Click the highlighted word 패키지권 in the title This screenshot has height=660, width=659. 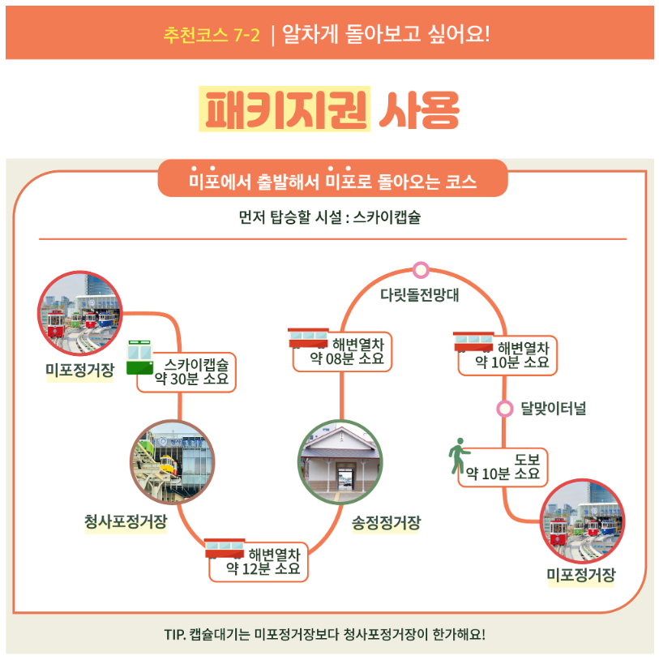tap(285, 109)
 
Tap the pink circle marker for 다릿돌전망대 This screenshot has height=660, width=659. tap(421, 269)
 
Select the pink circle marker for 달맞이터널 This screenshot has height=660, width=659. tap(505, 409)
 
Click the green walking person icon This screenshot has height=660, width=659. tap(459, 456)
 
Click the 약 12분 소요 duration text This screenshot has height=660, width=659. tap(263, 569)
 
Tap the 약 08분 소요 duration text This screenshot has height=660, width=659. tap(347, 359)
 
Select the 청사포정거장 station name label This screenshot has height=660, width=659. tap(126, 521)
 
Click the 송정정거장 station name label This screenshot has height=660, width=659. tap(387, 523)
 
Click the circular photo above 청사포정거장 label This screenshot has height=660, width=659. tap(173, 462)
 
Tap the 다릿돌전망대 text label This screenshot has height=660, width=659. tap(420, 295)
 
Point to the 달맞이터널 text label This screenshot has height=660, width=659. tap(554, 409)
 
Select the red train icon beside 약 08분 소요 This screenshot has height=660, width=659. tap(308, 338)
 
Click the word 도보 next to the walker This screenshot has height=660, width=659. tap(527, 459)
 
